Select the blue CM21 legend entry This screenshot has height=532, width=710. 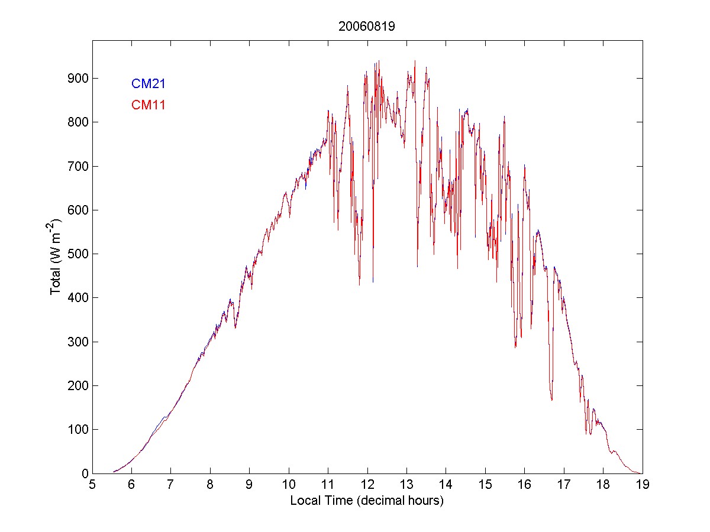[x=148, y=84]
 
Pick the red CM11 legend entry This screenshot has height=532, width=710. [x=148, y=105]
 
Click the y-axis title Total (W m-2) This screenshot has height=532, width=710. [x=56, y=257]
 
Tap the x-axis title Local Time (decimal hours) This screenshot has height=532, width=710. [x=367, y=501]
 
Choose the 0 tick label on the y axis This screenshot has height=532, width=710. [x=85, y=473]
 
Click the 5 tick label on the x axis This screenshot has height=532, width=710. [x=92, y=485]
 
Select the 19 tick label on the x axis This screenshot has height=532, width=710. [x=643, y=485]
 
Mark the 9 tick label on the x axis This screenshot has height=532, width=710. [x=250, y=485]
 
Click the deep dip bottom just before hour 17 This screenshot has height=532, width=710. [x=551, y=400]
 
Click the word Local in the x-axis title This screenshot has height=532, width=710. [x=303, y=501]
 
